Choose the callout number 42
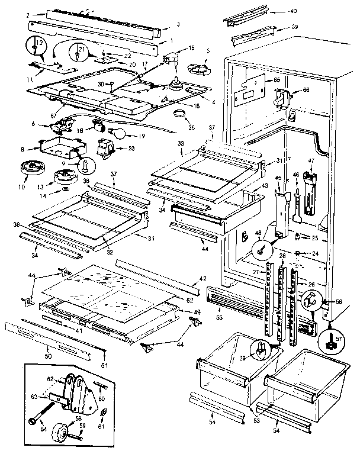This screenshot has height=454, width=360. [202, 278]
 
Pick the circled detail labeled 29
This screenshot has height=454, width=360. [259, 350]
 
